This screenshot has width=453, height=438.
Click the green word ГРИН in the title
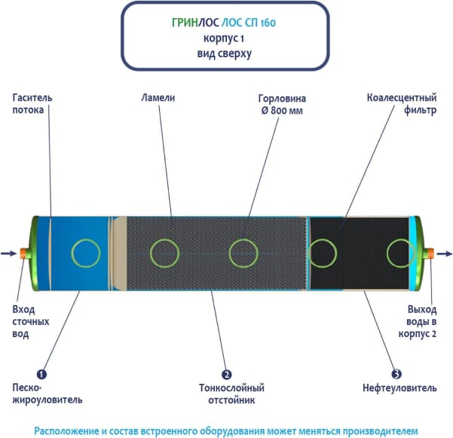[185, 23]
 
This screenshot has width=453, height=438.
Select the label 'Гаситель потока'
[32, 102]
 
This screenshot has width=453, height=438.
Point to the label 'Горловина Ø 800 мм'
[280, 103]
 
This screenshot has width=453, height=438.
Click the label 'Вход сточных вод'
[32, 321]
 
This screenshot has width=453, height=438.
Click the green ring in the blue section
[84, 253]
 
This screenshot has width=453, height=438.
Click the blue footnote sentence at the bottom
[225, 430]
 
